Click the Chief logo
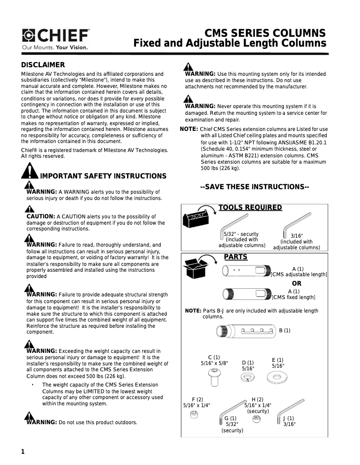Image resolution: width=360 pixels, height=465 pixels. pyautogui.click(x=56, y=35)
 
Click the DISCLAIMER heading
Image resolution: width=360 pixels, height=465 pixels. pyautogui.click(x=43, y=65)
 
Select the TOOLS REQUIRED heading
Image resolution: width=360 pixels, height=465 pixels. pyautogui.click(x=250, y=208)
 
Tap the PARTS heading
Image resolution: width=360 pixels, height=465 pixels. pyautogui.click(x=236, y=257)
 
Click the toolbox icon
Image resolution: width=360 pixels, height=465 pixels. pyautogui.click(x=196, y=217)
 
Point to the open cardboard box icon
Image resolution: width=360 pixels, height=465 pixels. pyautogui.click(x=197, y=268)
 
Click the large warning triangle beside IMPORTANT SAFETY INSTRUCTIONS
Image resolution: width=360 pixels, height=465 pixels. pyautogui.click(x=30, y=171)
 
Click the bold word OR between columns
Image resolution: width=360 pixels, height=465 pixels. pyautogui.click(x=297, y=283)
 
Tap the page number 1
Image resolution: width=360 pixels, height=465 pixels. pyautogui.click(x=23, y=452)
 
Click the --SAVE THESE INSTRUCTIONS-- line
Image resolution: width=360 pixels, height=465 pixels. pyautogui.click(x=255, y=187)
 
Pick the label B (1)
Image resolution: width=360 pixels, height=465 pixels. pyautogui.click(x=285, y=330)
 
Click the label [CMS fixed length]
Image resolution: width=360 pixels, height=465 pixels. pyautogui.click(x=294, y=297)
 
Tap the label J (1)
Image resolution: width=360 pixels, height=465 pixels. pyautogui.click(x=289, y=418)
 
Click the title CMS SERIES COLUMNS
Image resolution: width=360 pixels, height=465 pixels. pyautogui.click(x=265, y=34)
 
